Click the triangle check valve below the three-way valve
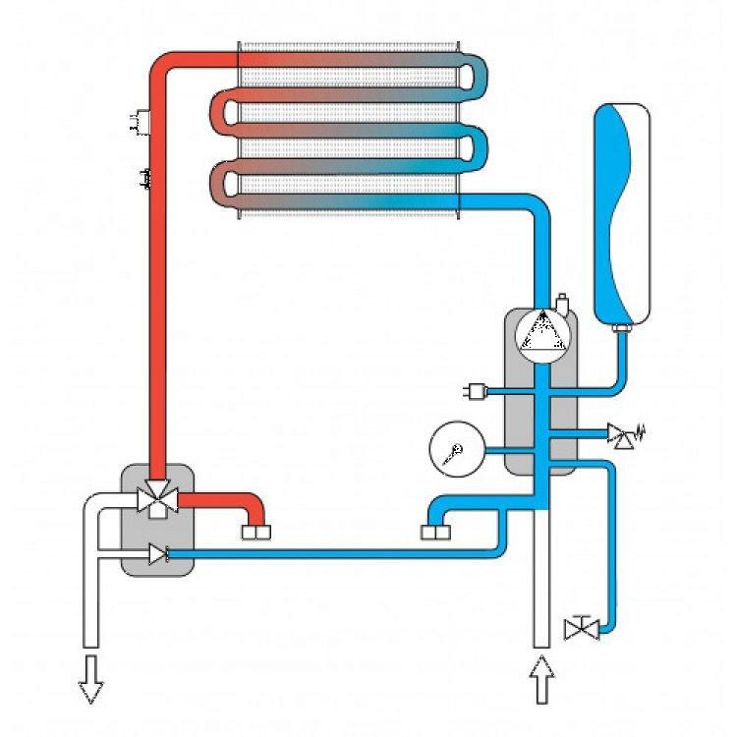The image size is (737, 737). (156, 556)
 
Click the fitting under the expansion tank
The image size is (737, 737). (621, 328)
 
